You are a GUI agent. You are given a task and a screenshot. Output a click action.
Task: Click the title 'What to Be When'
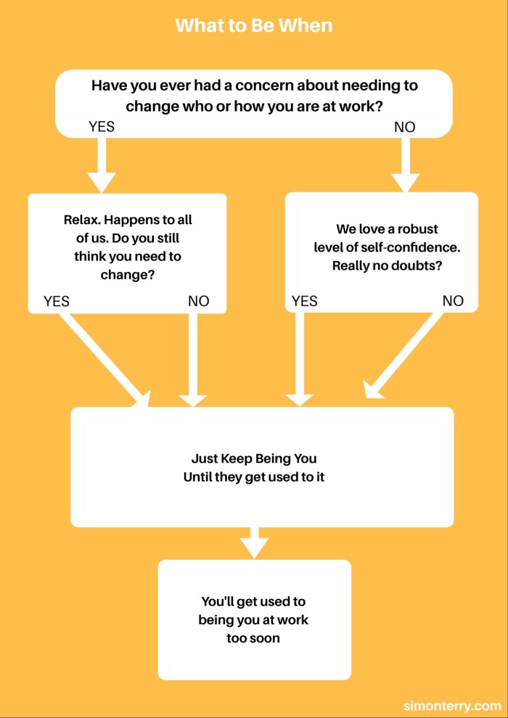click(x=253, y=25)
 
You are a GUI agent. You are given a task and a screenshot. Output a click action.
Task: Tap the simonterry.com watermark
click(x=452, y=705)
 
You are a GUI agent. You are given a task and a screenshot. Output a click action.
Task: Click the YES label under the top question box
click(x=102, y=127)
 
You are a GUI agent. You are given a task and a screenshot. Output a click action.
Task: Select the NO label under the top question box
click(x=404, y=127)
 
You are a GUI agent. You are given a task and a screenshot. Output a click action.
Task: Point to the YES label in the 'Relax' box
click(x=57, y=301)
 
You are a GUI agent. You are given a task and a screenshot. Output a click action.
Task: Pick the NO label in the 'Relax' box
click(x=198, y=301)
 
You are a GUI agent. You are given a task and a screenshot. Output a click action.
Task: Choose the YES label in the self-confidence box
click(x=305, y=301)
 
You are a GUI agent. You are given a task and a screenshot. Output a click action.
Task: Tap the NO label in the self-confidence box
click(x=452, y=301)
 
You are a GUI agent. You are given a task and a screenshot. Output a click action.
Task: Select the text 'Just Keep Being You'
click(x=254, y=459)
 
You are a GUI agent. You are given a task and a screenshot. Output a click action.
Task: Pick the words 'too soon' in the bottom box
click(x=253, y=639)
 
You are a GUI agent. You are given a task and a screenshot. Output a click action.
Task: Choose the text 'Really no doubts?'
click(x=388, y=265)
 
